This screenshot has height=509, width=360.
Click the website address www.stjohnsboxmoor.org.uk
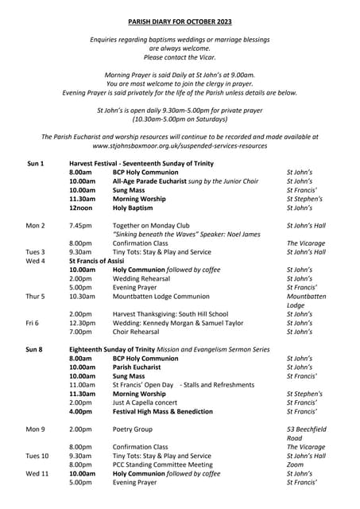[x=180, y=146]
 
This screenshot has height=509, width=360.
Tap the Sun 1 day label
[x=35, y=163]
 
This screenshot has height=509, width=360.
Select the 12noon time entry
[x=81, y=208]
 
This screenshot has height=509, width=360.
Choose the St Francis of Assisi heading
[x=97, y=261]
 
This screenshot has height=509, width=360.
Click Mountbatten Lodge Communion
[x=161, y=297]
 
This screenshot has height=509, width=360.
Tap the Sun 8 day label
[x=35, y=349]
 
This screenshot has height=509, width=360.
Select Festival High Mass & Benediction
[x=163, y=412]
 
